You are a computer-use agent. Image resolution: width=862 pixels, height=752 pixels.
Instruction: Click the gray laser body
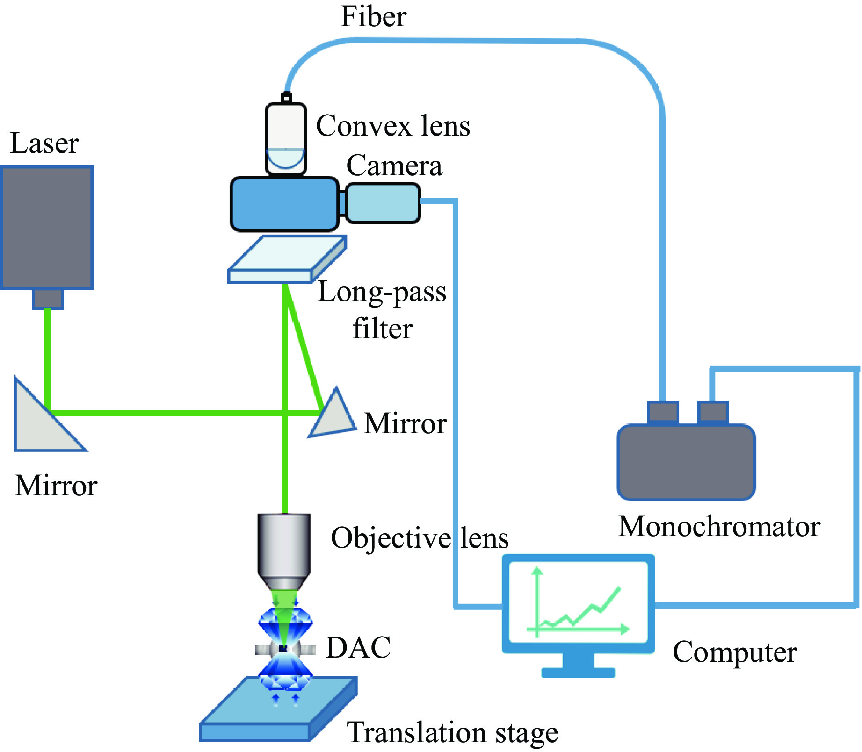point(47,228)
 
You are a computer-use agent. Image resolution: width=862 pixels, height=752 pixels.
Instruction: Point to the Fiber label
point(373,17)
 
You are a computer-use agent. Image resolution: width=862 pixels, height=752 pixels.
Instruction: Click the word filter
point(382,328)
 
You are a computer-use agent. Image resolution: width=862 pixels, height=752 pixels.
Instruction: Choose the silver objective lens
point(283,549)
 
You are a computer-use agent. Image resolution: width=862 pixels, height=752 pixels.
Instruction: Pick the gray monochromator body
point(686,462)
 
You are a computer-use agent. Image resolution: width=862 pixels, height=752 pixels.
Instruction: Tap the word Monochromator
point(719,526)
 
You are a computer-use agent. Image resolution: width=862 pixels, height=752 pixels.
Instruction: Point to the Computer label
point(735,652)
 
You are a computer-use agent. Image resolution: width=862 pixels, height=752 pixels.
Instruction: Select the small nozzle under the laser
point(48,299)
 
